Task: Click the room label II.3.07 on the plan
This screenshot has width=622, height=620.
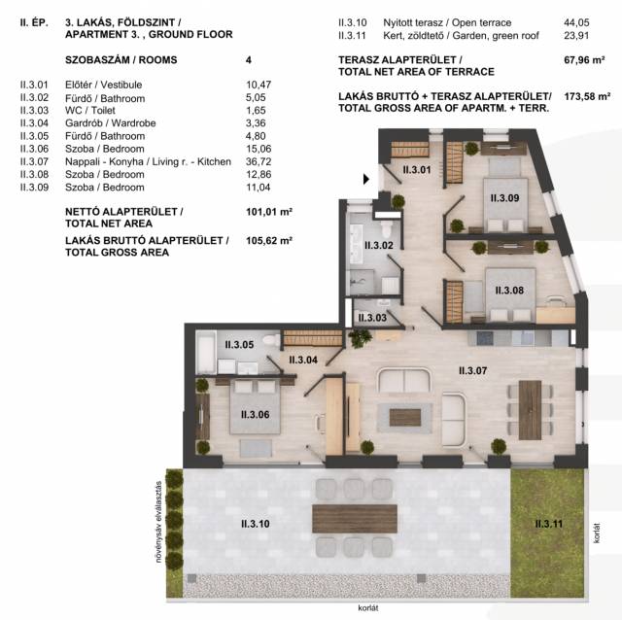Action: pos(472,371)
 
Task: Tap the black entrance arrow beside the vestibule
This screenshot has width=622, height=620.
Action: pos(366,180)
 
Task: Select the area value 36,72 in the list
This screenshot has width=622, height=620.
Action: pos(259,161)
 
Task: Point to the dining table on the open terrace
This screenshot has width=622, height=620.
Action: pos(355,519)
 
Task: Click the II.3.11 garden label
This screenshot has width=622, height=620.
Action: pos(548,524)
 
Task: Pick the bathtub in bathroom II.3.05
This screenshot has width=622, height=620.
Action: pos(206,352)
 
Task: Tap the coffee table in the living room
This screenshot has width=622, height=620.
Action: pos(405,418)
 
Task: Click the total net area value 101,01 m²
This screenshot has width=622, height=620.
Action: pos(269,212)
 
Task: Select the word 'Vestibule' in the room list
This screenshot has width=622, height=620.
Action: pos(121,85)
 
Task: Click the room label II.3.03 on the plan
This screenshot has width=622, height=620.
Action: pos(372,318)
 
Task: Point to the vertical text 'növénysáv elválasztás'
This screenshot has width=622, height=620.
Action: pos(158,522)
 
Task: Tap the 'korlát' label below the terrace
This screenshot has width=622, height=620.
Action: pos(368,608)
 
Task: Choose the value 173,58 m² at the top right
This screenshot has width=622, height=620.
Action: pos(587,96)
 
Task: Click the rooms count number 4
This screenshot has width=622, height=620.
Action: pos(249,60)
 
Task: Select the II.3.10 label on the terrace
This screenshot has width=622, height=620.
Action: pos(255,524)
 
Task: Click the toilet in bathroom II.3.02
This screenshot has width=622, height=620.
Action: pos(387,228)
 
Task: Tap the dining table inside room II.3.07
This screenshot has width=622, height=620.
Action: pos(530,410)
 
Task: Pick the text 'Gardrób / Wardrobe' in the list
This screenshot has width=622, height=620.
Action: pos(110,123)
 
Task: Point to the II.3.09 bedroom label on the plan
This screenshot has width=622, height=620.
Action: pos(504,197)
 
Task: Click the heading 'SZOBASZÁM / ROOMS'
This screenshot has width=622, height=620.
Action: pos(121,60)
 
